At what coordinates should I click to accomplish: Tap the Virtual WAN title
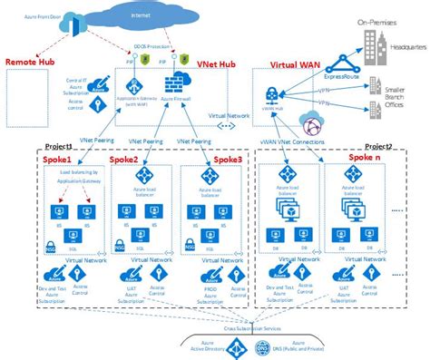pyautogui.click(x=296, y=65)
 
